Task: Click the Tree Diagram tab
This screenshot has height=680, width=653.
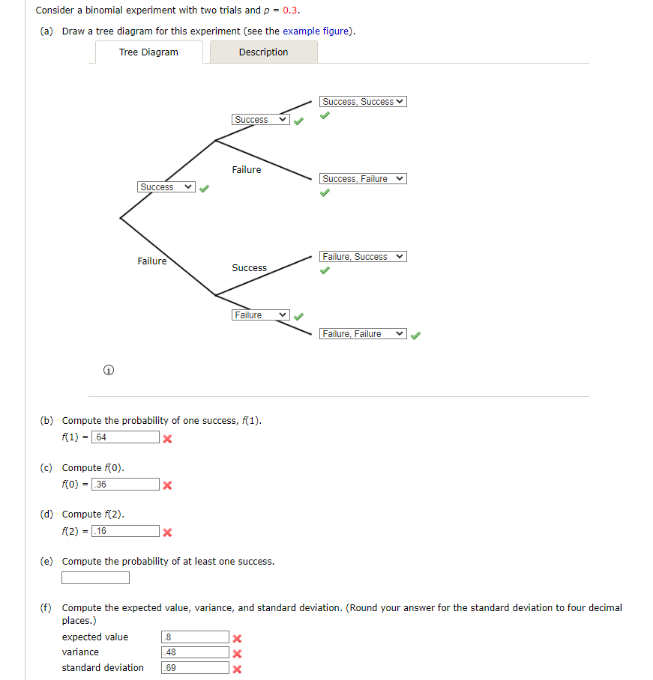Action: [148, 52]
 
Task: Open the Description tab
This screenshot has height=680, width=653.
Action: [263, 52]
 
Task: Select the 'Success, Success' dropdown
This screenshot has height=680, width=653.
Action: [363, 102]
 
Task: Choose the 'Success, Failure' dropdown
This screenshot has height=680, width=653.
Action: [363, 179]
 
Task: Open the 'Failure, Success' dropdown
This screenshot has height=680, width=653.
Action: [363, 257]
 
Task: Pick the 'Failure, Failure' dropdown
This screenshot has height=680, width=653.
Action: [363, 334]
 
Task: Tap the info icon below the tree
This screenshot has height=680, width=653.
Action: [109, 370]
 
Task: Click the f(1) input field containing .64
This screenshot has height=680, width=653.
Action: [125, 437]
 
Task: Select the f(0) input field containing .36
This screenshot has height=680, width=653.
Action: [125, 485]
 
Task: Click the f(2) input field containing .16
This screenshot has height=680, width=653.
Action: [125, 532]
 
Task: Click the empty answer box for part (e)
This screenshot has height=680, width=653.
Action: [96, 578]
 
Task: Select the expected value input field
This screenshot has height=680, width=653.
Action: [195, 637]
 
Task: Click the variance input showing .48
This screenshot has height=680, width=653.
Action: [195, 652]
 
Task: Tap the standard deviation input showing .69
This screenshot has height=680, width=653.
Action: [195, 668]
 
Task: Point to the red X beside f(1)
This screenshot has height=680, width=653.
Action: [168, 439]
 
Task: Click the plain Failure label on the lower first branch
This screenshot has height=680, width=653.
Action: [152, 261]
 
